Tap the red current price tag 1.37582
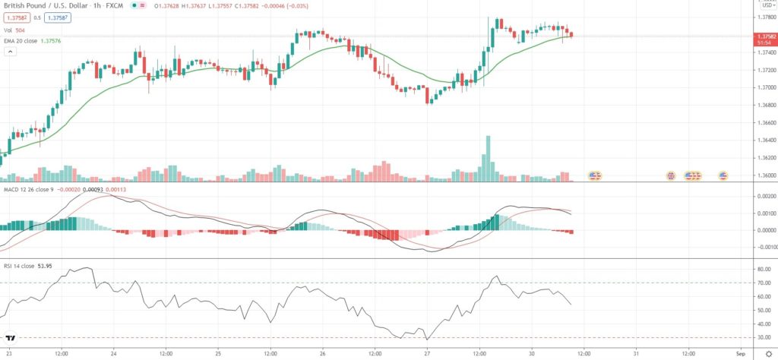click(764, 36)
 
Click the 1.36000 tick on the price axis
click(763, 175)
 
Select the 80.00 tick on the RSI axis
click(763, 269)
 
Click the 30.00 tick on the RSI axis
click(763, 337)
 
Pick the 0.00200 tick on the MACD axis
click(763, 195)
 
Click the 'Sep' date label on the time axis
click(740, 353)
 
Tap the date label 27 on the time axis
click(427, 353)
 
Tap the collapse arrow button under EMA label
click(11, 52)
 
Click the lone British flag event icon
click(671, 175)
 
